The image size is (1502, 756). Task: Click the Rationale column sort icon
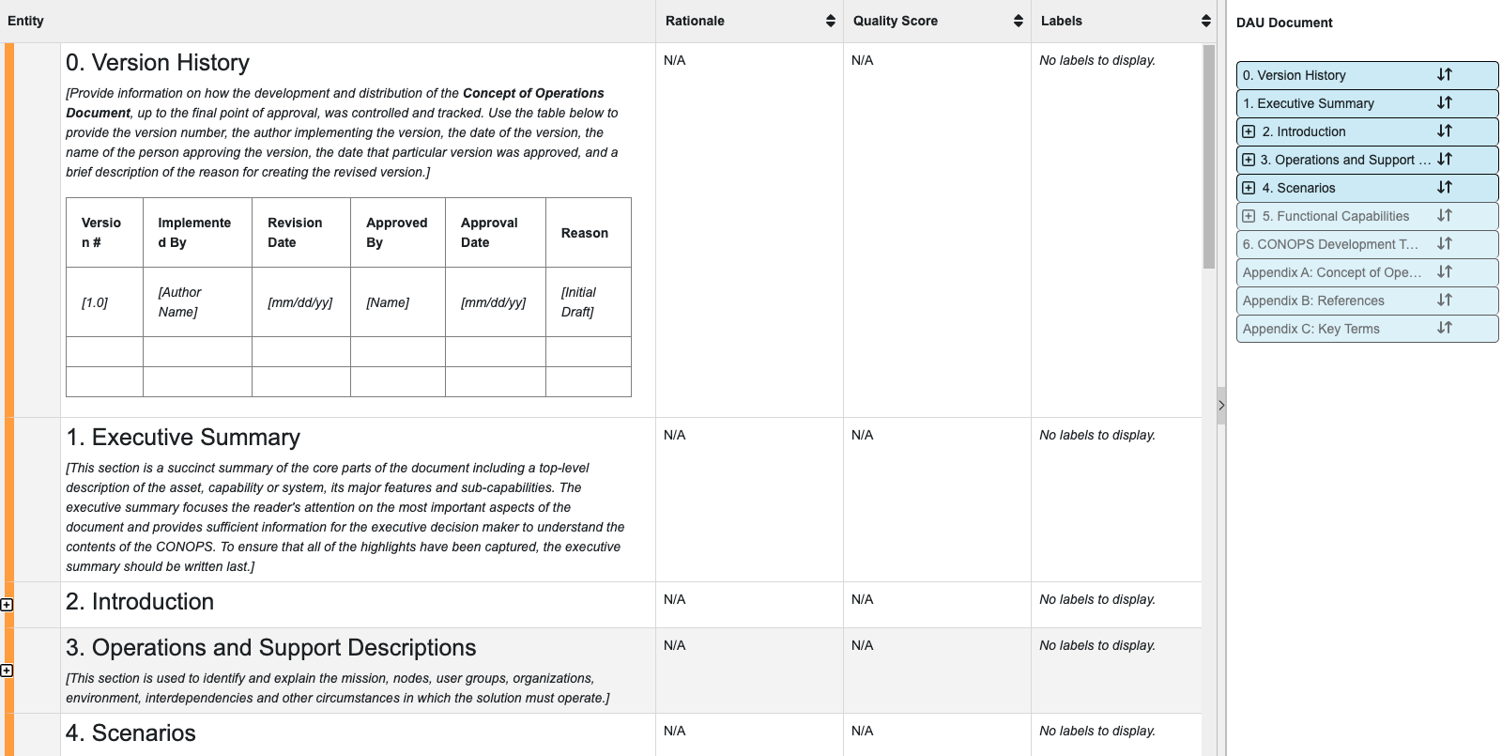point(830,21)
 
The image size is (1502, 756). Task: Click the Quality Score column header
point(895,21)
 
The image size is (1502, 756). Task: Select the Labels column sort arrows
point(1205,21)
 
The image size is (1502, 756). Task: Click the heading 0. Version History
point(158,63)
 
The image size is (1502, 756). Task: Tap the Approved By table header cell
point(397,232)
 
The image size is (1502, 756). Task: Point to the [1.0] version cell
point(95,302)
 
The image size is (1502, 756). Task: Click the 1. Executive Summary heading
point(183,438)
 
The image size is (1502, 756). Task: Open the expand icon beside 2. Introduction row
point(7,605)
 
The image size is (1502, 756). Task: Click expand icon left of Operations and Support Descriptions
point(7,671)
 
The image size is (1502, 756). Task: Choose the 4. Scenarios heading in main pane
point(130,733)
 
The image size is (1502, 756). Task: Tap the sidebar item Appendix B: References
point(1313,301)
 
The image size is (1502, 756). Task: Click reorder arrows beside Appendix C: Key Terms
point(1444,329)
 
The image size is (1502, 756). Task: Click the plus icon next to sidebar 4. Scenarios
point(1249,188)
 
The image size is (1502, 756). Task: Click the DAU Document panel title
point(1283,23)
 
